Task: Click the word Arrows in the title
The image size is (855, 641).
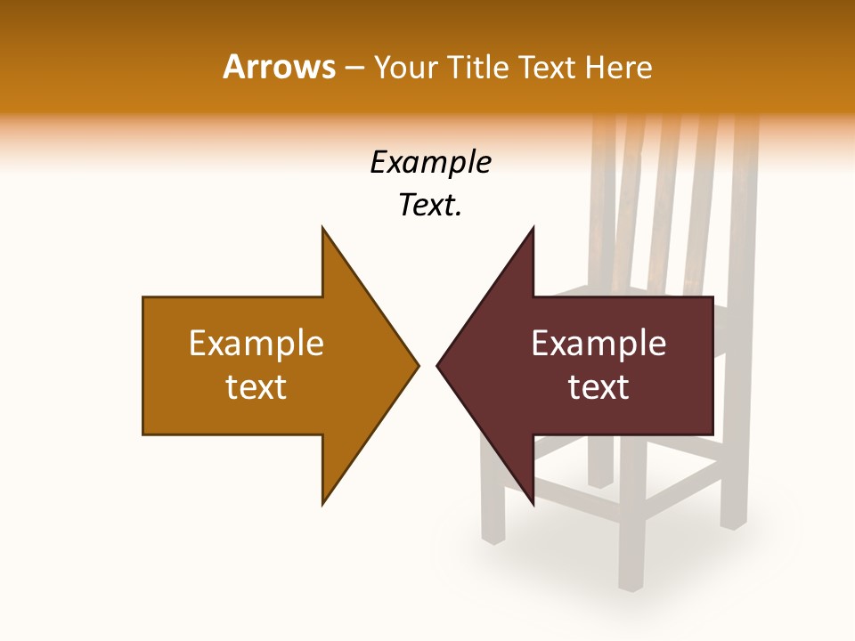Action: [x=279, y=67]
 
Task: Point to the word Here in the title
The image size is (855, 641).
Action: [x=618, y=67]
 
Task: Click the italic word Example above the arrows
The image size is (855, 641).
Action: [x=430, y=162]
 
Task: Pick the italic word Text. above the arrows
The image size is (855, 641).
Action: [x=430, y=205]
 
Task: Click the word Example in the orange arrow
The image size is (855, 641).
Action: [x=256, y=343]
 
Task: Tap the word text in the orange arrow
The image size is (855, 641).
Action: [x=256, y=386]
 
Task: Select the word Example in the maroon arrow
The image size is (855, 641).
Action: [x=598, y=343]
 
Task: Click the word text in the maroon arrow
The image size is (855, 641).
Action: [x=598, y=386]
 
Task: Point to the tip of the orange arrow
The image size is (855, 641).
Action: [x=418, y=365]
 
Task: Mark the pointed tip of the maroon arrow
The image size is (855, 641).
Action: [x=437, y=365]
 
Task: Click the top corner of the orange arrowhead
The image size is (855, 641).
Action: [x=322, y=228]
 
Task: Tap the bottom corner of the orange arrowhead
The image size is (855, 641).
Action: [x=322, y=504]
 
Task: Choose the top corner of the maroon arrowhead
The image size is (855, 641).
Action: [x=533, y=228]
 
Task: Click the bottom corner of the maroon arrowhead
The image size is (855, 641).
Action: [x=533, y=504]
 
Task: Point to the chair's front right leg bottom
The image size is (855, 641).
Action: [x=631, y=585]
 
